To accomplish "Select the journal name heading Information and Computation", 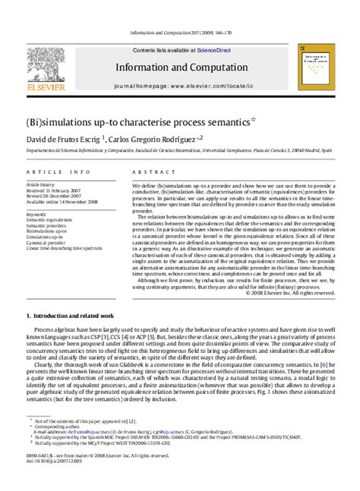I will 179,66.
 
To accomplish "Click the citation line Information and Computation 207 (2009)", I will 179,33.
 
